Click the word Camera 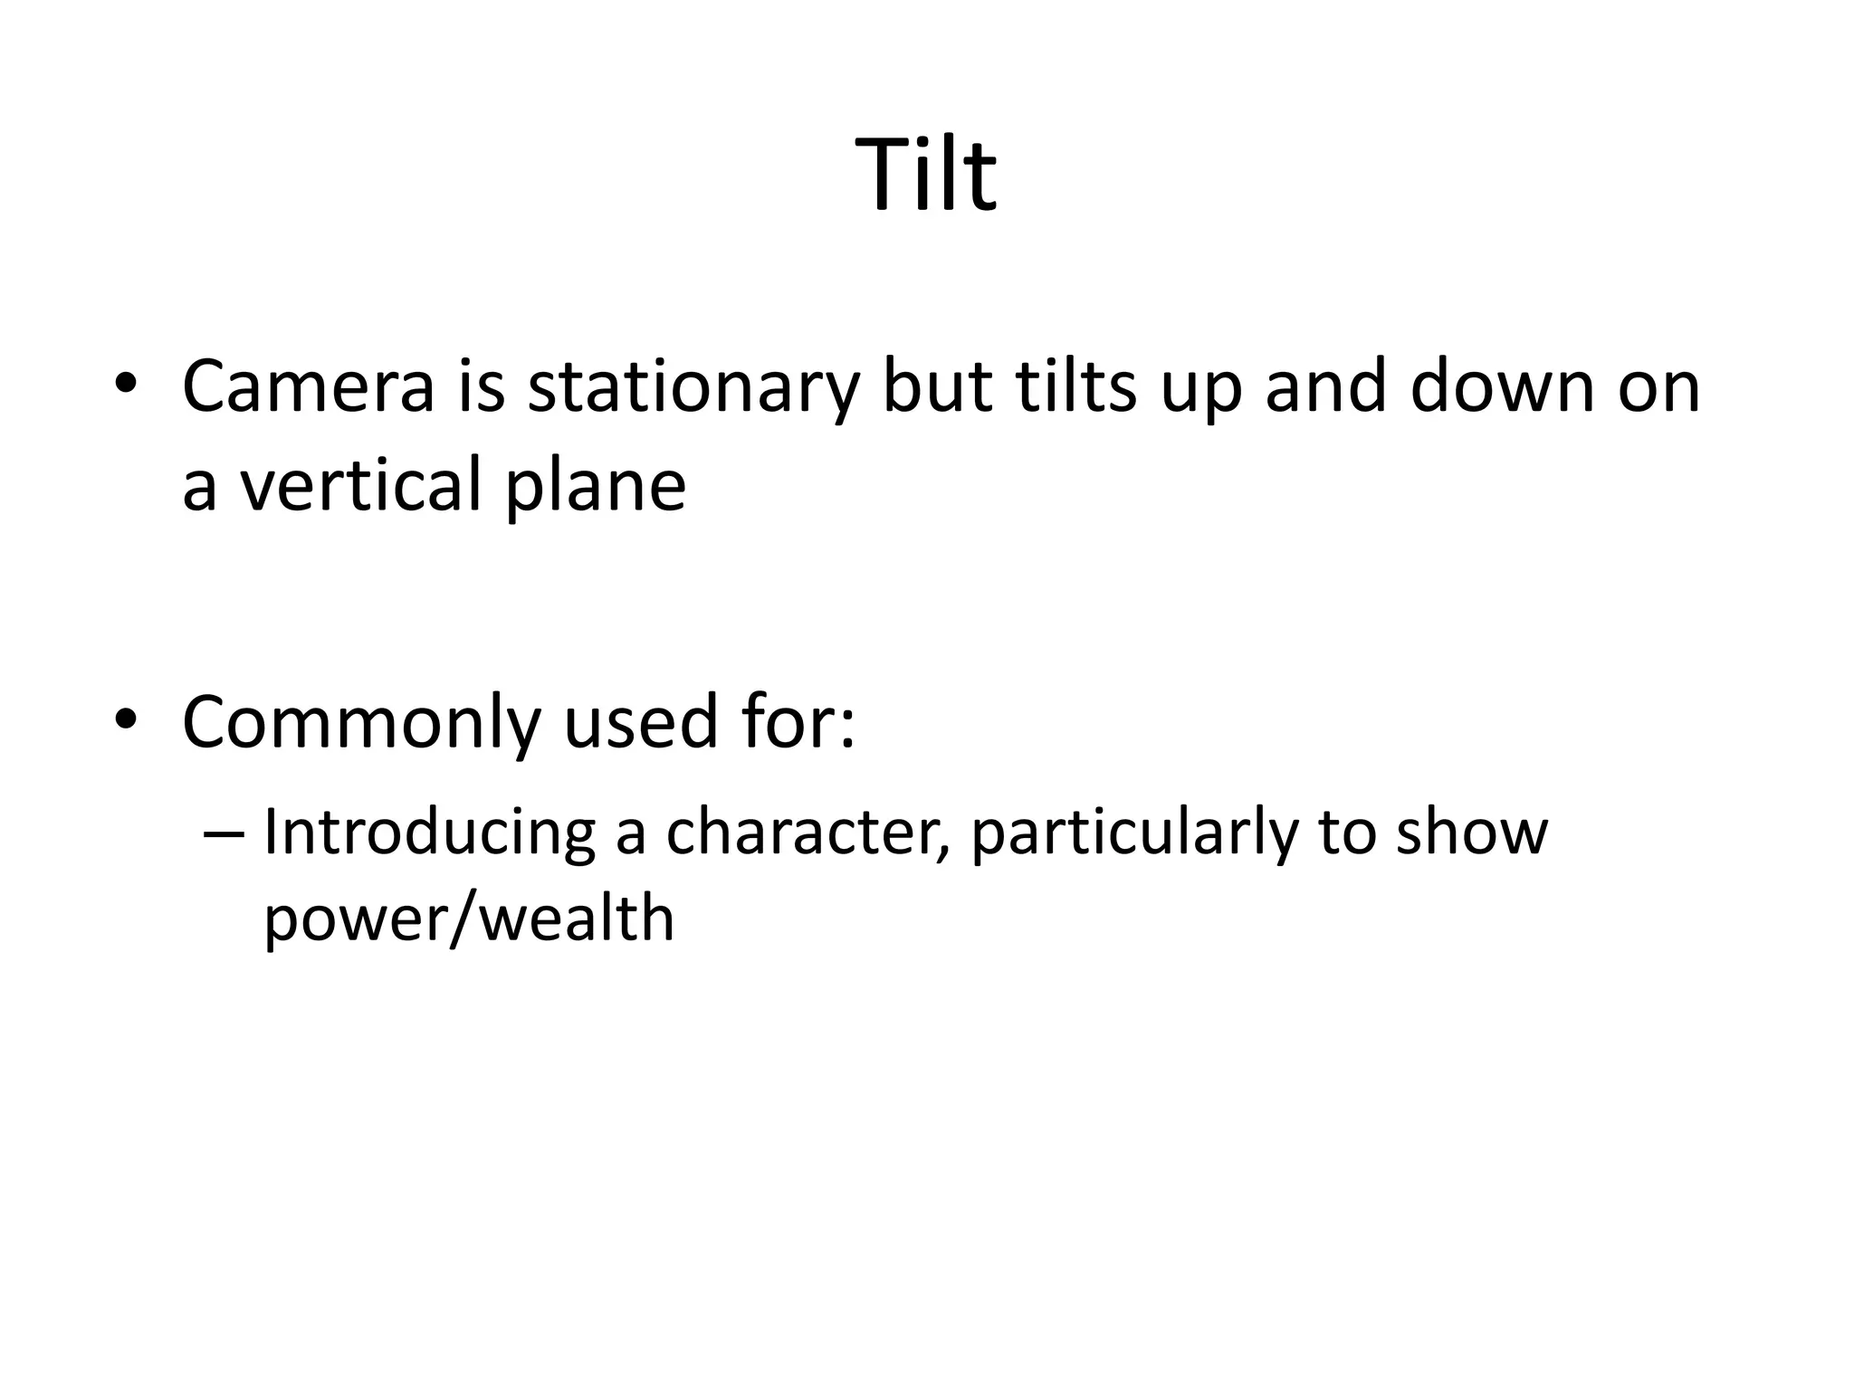pyautogui.click(x=309, y=387)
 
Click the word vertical pyautogui.click(x=359, y=484)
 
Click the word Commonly pyautogui.click(x=361, y=724)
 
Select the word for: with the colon pyautogui.click(x=798, y=722)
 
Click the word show pyautogui.click(x=1472, y=833)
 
